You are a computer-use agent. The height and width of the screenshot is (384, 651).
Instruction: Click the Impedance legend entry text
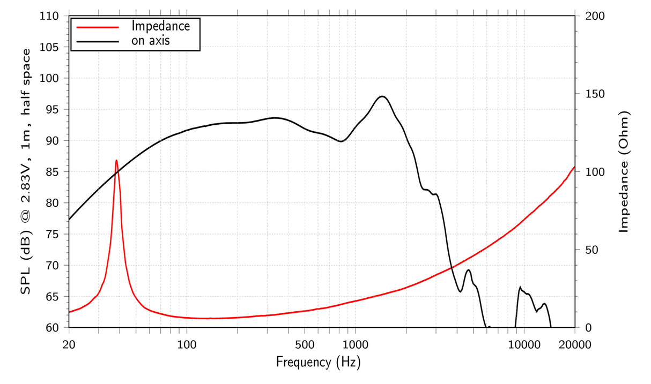pyautogui.click(x=160, y=26)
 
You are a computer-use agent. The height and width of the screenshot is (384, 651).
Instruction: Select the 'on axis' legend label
pyautogui.click(x=151, y=41)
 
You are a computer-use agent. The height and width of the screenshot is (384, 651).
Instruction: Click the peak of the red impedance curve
pyautogui.click(x=116, y=160)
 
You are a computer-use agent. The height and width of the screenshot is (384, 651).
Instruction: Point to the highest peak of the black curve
pyautogui.click(x=382, y=96)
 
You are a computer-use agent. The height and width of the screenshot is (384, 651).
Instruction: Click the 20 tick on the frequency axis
pyautogui.click(x=69, y=344)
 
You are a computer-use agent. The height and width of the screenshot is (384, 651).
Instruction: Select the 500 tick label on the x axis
pyautogui.click(x=304, y=344)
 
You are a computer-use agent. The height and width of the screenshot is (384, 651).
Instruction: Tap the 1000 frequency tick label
pyautogui.click(x=354, y=344)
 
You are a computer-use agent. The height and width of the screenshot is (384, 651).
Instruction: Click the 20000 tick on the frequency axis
pyautogui.click(x=574, y=344)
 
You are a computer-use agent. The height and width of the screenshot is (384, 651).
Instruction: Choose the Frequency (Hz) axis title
pyautogui.click(x=319, y=362)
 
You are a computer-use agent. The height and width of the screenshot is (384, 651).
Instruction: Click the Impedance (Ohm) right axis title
pyautogui.click(x=623, y=172)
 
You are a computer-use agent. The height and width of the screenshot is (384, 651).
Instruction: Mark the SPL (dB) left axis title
pyautogui.click(x=25, y=172)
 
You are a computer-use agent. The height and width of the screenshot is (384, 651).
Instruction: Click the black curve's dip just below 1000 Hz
pyautogui.click(x=341, y=141)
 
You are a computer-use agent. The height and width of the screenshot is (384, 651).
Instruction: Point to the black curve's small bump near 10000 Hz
pyautogui.click(x=520, y=288)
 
